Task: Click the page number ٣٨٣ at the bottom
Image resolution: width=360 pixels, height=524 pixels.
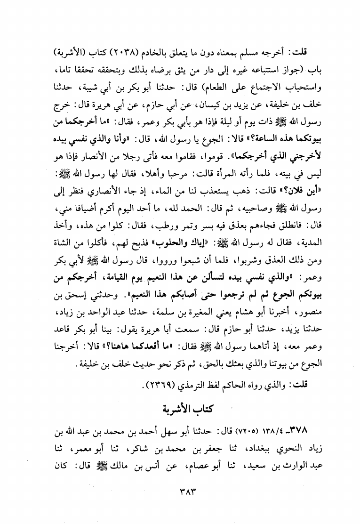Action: click(x=181, y=494)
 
